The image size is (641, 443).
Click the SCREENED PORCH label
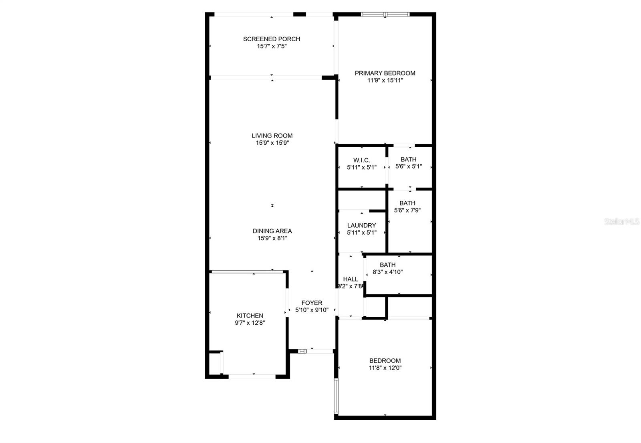pyautogui.click(x=272, y=39)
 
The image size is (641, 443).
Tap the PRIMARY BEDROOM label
pyautogui.click(x=385, y=73)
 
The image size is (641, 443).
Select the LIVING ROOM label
pyautogui.click(x=272, y=136)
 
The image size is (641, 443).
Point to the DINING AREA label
pyautogui.click(x=272, y=231)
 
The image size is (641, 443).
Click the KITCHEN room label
pyautogui.click(x=250, y=316)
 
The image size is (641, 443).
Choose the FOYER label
pyautogui.click(x=312, y=303)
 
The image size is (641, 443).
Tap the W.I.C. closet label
pyautogui.click(x=361, y=160)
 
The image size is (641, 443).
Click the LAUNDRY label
pyautogui.click(x=361, y=225)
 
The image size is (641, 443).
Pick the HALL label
pyautogui.click(x=350, y=279)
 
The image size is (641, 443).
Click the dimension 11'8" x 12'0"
pyautogui.click(x=385, y=368)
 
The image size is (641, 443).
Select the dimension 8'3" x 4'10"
pyautogui.click(x=387, y=272)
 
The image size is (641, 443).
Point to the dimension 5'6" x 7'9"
pyautogui.click(x=407, y=210)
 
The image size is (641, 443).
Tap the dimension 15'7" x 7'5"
pyautogui.click(x=272, y=46)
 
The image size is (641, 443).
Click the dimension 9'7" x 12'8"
pyautogui.click(x=250, y=323)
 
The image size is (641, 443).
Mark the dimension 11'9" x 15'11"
pyautogui.click(x=385, y=80)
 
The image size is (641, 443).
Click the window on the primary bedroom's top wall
pyautogui.click(x=385, y=14)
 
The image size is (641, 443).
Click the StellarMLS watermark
pyautogui.click(x=621, y=221)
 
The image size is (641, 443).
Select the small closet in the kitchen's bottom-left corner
pyautogui.click(x=215, y=363)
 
